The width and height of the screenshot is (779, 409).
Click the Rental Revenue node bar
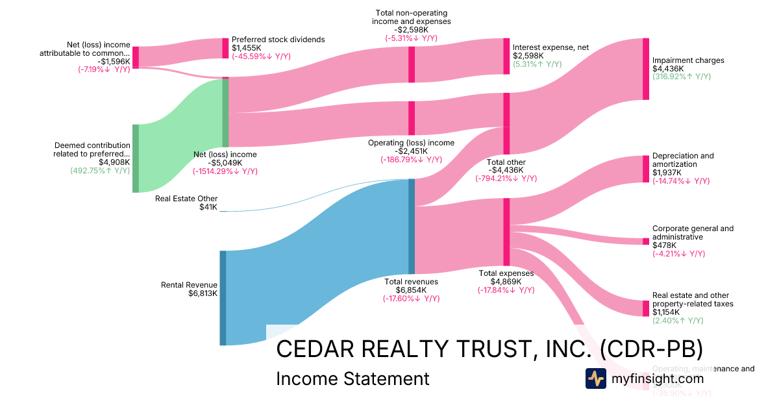tap(223, 297)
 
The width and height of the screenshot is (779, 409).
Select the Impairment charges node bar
tap(645, 69)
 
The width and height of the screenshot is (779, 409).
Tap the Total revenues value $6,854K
tap(411, 290)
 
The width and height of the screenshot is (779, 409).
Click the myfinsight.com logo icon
tap(595, 378)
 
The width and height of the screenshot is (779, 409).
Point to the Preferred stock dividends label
tap(278, 40)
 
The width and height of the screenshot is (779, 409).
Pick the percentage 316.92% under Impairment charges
tap(681, 77)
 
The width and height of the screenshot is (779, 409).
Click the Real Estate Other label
tap(186, 199)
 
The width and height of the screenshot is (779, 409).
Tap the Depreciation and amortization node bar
tap(645, 169)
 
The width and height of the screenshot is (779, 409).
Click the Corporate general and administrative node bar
tap(645, 242)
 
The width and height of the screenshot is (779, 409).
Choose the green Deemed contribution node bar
tap(136, 158)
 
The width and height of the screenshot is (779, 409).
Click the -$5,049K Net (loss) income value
tap(225, 163)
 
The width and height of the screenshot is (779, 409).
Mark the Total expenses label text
tap(506, 273)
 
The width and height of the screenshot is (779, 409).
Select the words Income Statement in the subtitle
tap(352, 378)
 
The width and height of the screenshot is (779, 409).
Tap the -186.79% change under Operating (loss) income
tap(410, 160)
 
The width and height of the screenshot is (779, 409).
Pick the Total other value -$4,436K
tap(506, 170)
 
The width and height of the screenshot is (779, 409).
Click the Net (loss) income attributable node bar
tap(136, 57)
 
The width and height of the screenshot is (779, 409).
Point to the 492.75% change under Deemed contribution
tap(100, 171)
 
